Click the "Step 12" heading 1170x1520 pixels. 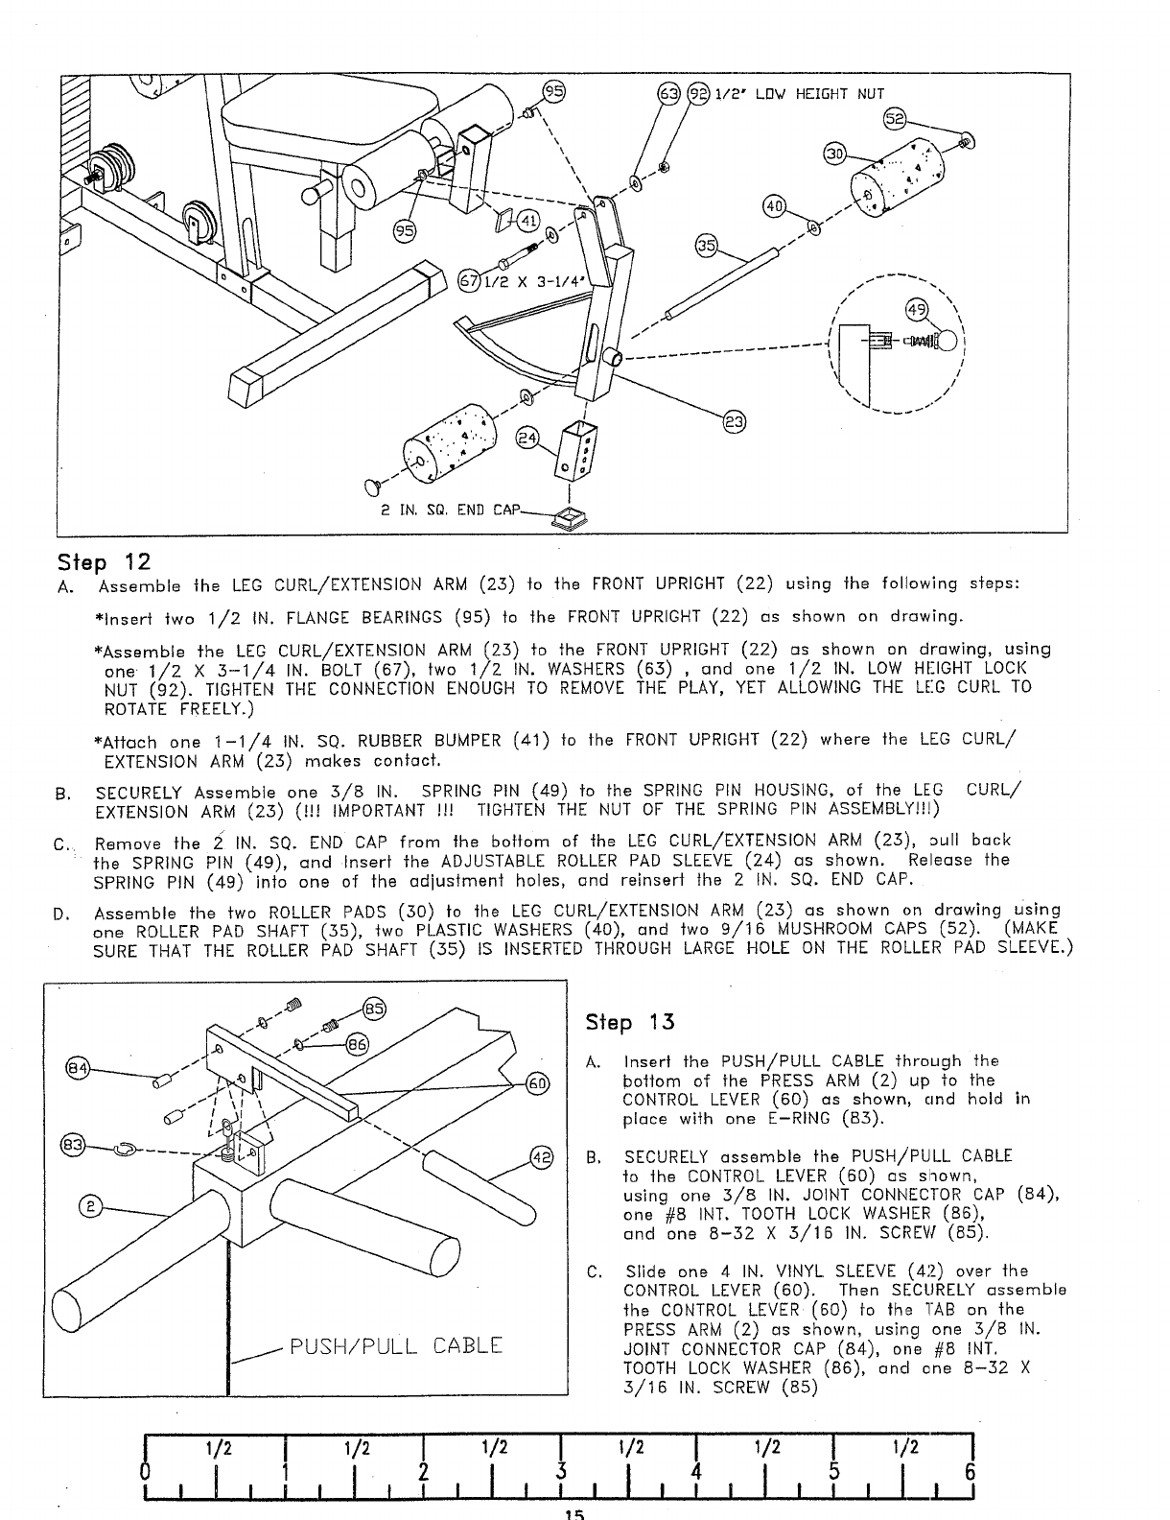[x=105, y=560]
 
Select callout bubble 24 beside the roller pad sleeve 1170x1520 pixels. [x=527, y=439]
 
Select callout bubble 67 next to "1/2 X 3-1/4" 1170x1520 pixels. [x=469, y=282]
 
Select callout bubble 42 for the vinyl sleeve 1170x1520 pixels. [x=541, y=1156]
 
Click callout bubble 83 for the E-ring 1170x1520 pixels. [x=72, y=1145]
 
